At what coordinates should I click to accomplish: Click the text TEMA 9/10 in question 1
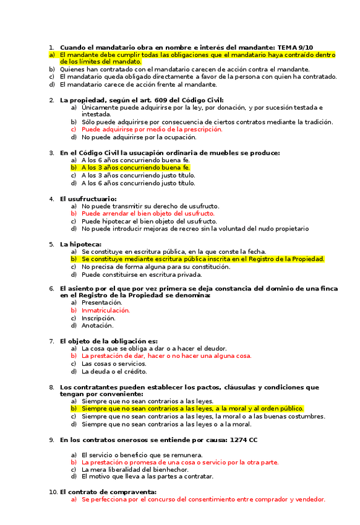[295, 47]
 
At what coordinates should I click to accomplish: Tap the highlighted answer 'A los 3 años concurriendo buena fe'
[135, 168]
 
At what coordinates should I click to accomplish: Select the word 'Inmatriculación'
[106, 310]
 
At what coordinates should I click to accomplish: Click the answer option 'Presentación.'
[102, 303]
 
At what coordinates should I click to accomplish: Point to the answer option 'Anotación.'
[98, 325]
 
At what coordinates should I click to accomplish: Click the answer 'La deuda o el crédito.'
[114, 371]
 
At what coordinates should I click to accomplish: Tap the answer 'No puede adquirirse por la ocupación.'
[139, 137]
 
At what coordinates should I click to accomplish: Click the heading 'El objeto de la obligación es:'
[108, 341]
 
